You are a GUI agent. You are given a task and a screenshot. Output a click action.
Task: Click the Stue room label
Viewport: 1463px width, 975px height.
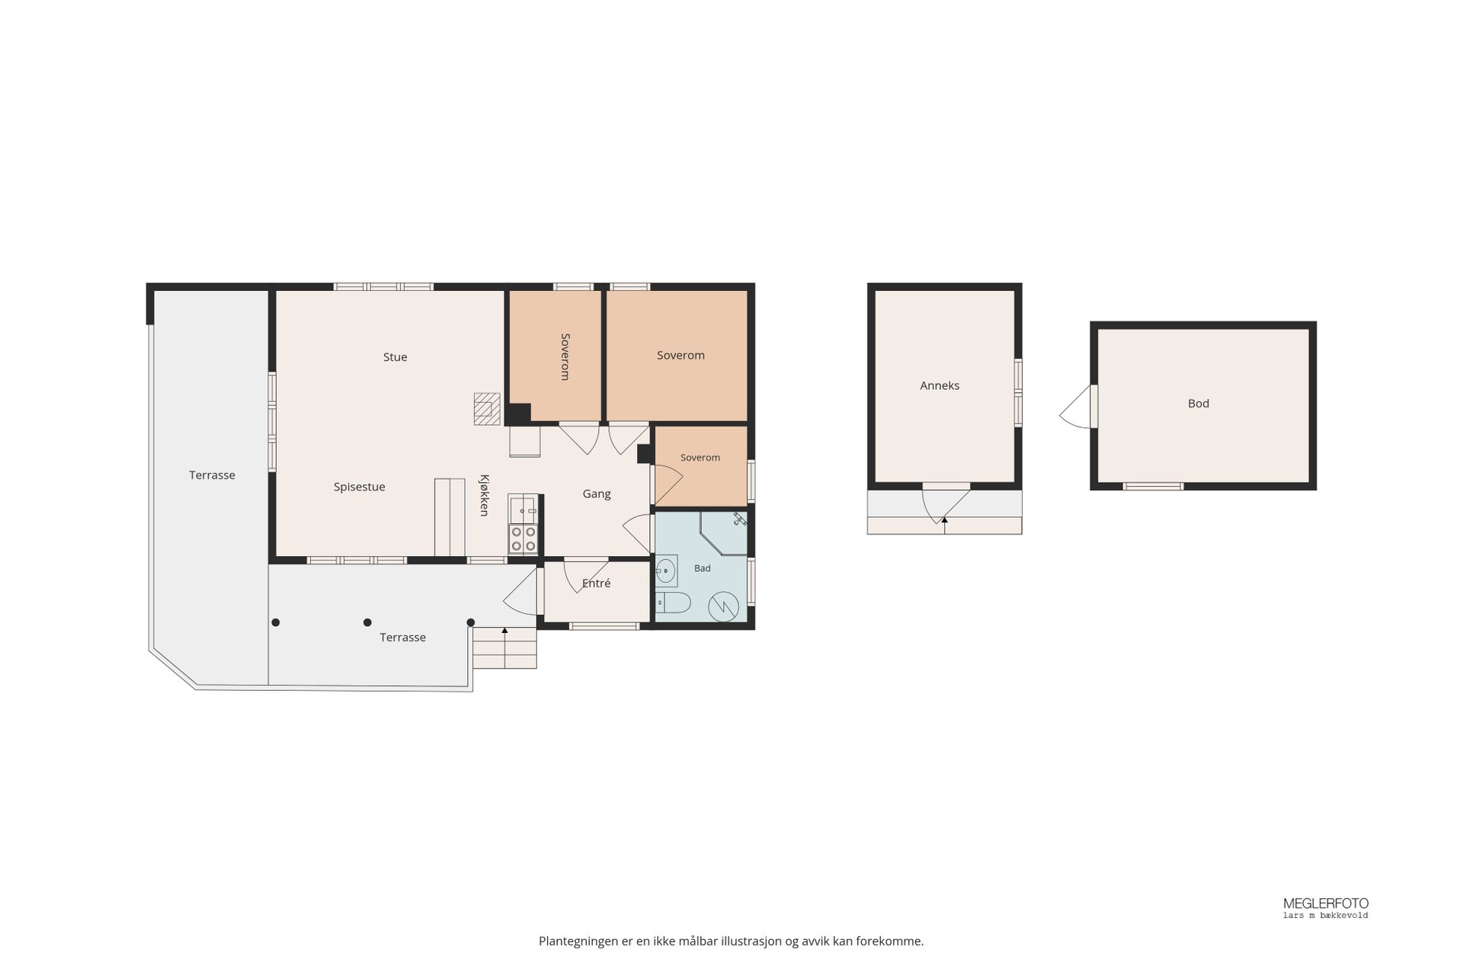(x=395, y=356)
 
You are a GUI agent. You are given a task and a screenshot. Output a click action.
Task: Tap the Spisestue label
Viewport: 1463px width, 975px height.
(x=359, y=487)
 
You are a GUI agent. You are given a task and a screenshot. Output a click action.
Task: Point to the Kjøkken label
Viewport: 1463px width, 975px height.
(x=484, y=495)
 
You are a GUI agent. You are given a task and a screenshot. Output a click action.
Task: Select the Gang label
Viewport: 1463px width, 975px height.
(x=597, y=494)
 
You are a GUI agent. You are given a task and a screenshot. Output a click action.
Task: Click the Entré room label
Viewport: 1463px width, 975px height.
(x=596, y=583)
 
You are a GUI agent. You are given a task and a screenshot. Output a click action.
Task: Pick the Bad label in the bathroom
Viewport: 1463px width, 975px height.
(x=702, y=568)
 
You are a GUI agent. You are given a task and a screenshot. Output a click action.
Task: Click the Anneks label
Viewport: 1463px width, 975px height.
(x=940, y=385)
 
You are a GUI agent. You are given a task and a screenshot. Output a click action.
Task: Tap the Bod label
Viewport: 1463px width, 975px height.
(x=1199, y=404)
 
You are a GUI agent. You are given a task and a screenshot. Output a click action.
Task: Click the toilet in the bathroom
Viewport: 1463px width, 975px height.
(x=673, y=603)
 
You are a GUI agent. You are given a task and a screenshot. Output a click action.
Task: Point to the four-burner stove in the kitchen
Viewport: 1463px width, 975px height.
(x=523, y=539)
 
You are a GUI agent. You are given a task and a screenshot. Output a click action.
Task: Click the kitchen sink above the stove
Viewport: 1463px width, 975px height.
(x=523, y=509)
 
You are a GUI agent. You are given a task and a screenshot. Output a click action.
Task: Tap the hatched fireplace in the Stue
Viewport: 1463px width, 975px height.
(x=487, y=409)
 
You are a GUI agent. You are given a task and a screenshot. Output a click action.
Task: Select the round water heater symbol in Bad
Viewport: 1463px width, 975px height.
(x=723, y=607)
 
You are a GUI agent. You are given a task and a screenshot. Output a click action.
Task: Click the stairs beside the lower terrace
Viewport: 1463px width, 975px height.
(x=504, y=647)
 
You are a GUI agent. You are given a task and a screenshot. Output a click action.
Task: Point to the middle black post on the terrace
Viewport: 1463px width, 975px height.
(x=367, y=622)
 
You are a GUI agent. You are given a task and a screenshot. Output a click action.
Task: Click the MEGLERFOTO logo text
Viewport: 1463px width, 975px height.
(x=1326, y=903)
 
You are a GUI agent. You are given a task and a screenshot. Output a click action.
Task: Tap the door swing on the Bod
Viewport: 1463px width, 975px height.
(x=1076, y=408)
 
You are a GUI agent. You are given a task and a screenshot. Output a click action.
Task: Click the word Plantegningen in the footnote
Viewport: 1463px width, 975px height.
(x=578, y=941)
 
